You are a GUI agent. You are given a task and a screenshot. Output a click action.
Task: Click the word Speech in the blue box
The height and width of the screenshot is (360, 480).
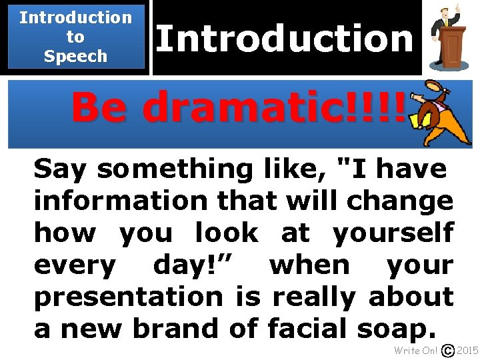pos(75,56)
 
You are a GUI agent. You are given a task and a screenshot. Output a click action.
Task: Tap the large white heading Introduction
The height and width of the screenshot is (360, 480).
pos(285,38)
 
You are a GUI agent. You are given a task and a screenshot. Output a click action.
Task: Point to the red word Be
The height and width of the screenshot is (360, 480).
pos(100,108)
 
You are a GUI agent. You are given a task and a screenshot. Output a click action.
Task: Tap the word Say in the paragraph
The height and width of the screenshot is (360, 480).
pos(61,170)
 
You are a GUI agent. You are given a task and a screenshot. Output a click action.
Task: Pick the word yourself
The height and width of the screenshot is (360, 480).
pos(393,233)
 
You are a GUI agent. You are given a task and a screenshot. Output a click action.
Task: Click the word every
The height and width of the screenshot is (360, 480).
pos(74,265)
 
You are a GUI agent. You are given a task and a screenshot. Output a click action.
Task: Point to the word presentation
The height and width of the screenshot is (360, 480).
pos(127,297)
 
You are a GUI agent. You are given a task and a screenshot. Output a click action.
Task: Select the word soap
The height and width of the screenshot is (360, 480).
pos(395,328)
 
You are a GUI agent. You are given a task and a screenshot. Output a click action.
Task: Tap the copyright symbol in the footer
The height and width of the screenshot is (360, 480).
pos(449,351)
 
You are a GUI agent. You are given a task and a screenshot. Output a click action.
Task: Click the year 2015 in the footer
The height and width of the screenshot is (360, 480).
pos(468,351)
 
